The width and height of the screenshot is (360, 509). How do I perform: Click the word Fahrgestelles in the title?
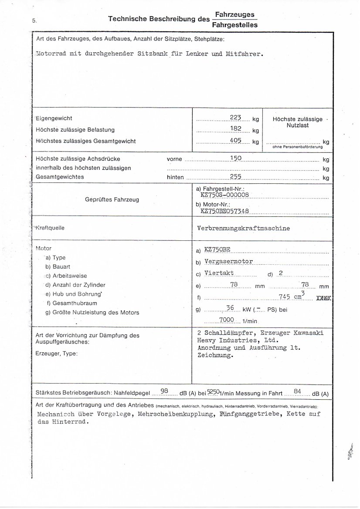coord(234,25)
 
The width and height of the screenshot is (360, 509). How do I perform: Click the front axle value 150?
coord(236,158)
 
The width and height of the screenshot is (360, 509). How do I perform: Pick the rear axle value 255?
coord(236,177)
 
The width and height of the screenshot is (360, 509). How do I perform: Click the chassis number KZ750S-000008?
coord(224,195)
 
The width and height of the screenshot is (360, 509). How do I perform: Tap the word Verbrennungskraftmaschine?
coord(243,228)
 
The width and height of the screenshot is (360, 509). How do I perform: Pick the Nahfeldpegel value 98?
coord(165,391)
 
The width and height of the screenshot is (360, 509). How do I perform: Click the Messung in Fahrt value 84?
coord(298,391)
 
